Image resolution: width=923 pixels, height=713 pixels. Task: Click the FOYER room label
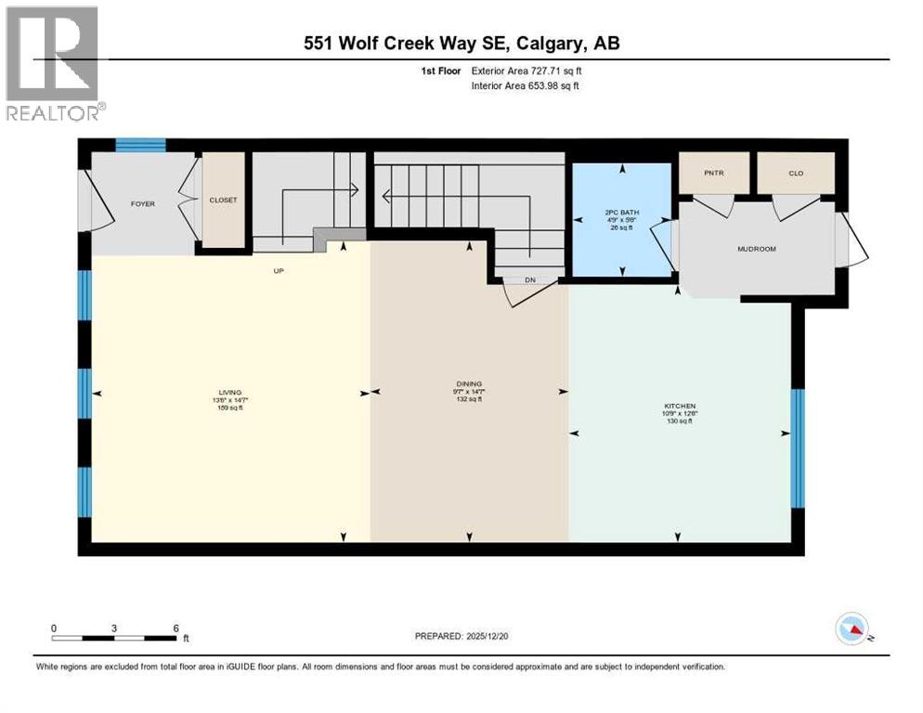[142, 203]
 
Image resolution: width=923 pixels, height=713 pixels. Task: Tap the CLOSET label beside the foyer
[223, 200]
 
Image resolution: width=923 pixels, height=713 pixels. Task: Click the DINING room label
[469, 383]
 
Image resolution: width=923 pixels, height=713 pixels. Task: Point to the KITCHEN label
[680, 407]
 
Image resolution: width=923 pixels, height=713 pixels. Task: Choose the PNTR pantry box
[713, 173]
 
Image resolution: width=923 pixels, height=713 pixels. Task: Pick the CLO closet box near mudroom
[796, 173]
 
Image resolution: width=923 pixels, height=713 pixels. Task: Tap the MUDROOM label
[756, 249]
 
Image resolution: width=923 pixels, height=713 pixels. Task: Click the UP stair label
[277, 271]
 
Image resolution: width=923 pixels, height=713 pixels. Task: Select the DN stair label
[529, 279]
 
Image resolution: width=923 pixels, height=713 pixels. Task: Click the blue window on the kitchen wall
[797, 448]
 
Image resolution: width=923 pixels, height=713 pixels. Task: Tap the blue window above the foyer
[140, 145]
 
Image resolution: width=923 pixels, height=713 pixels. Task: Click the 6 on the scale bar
[175, 628]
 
